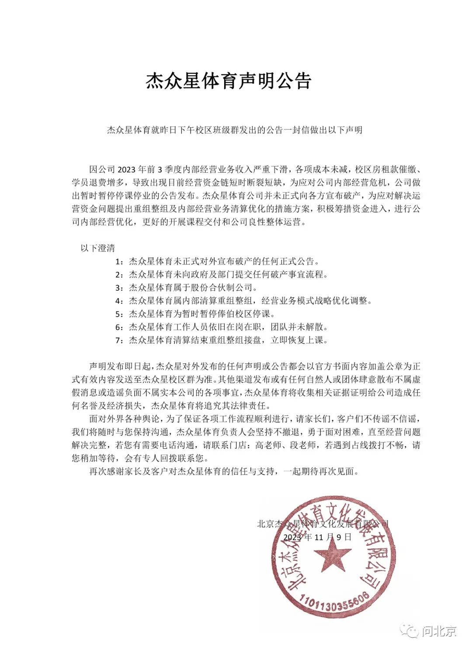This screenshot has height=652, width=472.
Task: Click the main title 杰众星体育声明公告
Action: tap(228, 81)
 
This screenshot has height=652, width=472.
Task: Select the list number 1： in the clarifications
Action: tap(120, 261)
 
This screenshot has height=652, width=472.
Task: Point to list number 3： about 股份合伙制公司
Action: tap(120, 288)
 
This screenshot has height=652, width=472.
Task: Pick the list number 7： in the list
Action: tap(120, 340)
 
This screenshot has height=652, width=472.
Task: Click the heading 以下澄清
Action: tap(97, 248)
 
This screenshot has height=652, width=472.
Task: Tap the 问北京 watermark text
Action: tap(439, 631)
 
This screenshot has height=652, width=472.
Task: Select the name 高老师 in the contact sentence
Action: tap(268, 445)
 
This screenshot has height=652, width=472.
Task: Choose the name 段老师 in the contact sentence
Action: tap(303, 445)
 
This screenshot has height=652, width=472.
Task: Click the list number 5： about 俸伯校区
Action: tap(120, 314)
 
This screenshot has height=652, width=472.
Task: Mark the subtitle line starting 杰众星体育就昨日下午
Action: tap(235, 130)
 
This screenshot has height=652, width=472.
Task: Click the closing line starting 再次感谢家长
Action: tap(224, 471)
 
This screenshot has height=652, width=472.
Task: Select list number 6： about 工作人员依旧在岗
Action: tap(120, 327)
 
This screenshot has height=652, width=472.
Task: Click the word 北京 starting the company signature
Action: tap(266, 524)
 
